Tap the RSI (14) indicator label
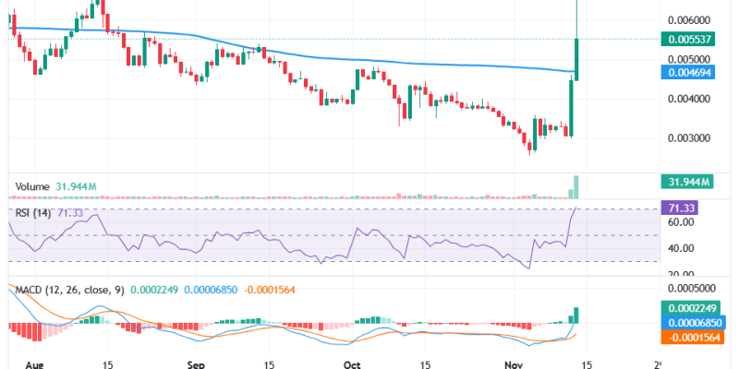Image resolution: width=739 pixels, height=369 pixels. pyautogui.click(x=32, y=213)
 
